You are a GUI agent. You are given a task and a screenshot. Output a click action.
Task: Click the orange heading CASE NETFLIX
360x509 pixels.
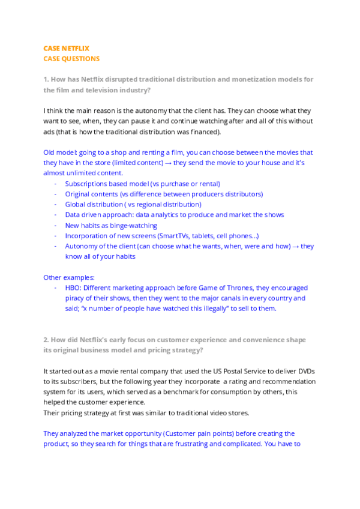tap(67, 48)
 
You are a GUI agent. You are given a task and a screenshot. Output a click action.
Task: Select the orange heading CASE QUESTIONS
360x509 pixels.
tap(71, 59)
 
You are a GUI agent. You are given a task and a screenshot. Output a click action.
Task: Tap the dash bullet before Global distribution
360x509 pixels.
tap(56, 205)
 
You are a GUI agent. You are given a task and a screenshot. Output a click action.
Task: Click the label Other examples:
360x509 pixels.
tap(69, 277)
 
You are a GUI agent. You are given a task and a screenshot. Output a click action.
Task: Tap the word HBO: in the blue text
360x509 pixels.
tap(73, 288)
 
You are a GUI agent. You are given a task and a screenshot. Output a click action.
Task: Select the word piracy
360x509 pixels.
tap(76, 298)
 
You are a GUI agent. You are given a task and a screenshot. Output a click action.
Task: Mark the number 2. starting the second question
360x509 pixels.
tap(46, 340)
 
